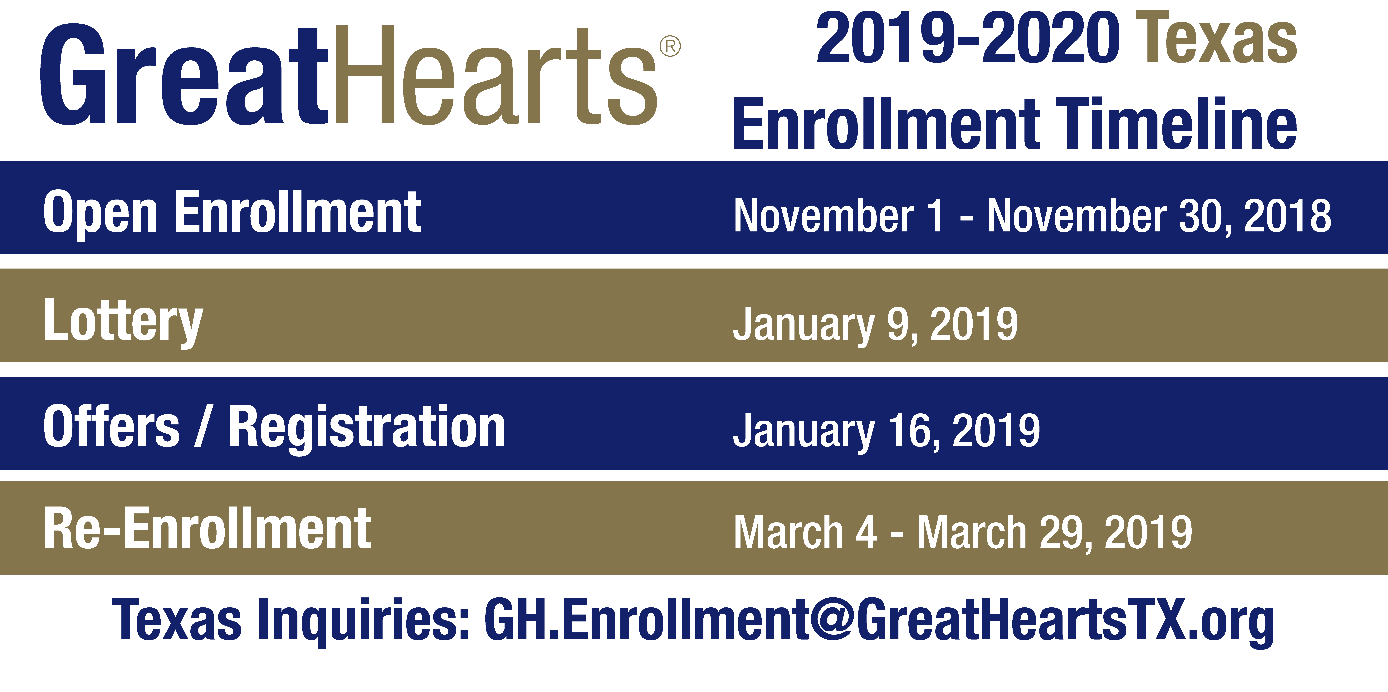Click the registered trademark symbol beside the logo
670,46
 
